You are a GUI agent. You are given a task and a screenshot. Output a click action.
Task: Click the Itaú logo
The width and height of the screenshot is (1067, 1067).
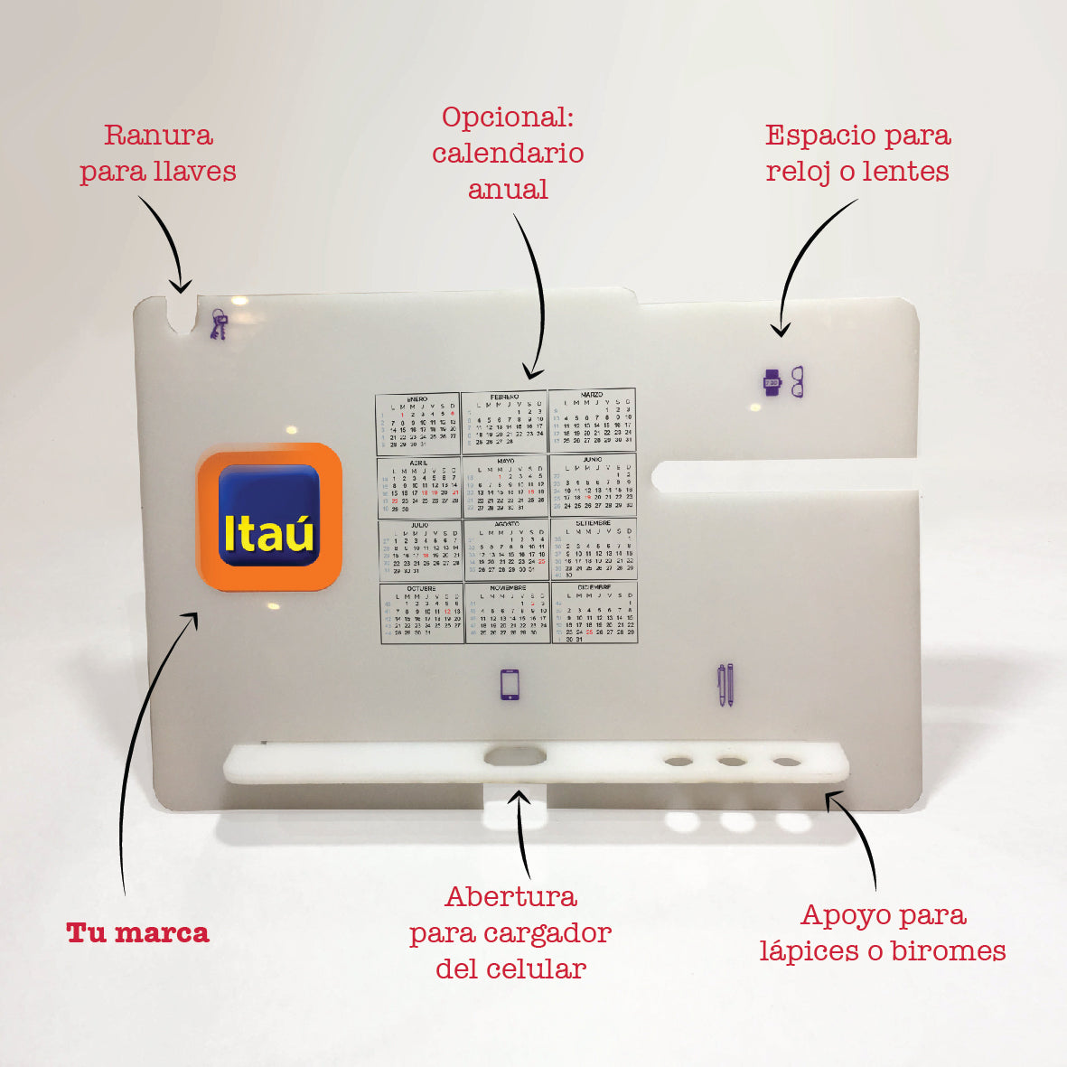pyautogui.click(x=268, y=517)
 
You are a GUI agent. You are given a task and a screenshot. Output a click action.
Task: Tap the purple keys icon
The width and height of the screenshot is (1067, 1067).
pyautogui.click(x=219, y=323)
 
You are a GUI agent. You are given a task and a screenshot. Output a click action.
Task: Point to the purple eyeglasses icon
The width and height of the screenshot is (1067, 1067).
pyautogui.click(x=797, y=381)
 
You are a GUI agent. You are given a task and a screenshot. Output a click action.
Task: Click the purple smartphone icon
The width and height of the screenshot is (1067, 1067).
pyautogui.click(x=510, y=685)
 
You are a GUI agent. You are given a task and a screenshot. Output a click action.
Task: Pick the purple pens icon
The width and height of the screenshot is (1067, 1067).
pyautogui.click(x=725, y=685)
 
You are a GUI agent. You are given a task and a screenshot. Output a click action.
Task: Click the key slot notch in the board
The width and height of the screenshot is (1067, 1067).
pyautogui.click(x=182, y=313)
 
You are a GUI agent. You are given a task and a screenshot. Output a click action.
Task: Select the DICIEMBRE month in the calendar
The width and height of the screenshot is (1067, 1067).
pyautogui.click(x=594, y=612)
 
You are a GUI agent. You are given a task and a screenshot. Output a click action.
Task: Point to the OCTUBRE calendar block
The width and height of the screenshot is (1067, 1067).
pyautogui.click(x=421, y=612)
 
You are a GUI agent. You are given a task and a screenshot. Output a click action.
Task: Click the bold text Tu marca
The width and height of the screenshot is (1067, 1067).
pyautogui.click(x=137, y=933)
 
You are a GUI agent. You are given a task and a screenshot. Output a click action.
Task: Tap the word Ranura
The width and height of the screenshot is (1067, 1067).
pyautogui.click(x=158, y=136)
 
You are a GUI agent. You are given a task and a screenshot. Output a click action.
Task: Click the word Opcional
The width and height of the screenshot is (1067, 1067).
pyautogui.click(x=508, y=117)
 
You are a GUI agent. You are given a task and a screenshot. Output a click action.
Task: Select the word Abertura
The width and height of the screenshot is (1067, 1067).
pyautogui.click(x=510, y=897)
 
